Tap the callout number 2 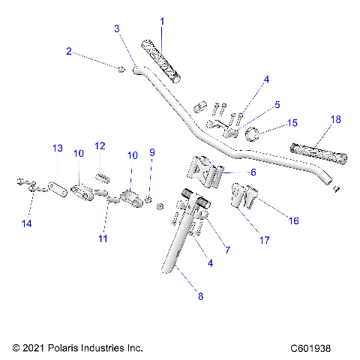69,52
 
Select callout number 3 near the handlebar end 117,28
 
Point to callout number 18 335,120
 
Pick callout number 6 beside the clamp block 252,172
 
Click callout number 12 100,145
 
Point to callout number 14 28,223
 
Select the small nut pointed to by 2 120,69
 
